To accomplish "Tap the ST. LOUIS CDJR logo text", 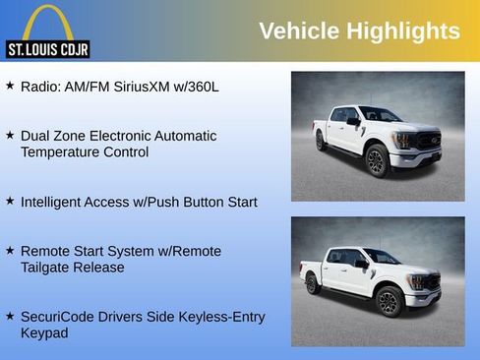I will pyautogui.click(x=47, y=48).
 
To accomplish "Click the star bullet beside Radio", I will pyautogui.click(x=10, y=86).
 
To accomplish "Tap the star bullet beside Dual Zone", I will pyautogui.click(x=10, y=135).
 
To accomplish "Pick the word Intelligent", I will pyautogui.click(x=55, y=202).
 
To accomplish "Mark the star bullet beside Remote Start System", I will pyautogui.click(x=10, y=251).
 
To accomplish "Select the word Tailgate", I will pyautogui.click(x=49, y=268).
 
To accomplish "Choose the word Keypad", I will pyautogui.click(x=45, y=333).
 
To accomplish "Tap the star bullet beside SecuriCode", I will pyautogui.click(x=10, y=316).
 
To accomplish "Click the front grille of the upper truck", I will pyautogui.click(x=427, y=139).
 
